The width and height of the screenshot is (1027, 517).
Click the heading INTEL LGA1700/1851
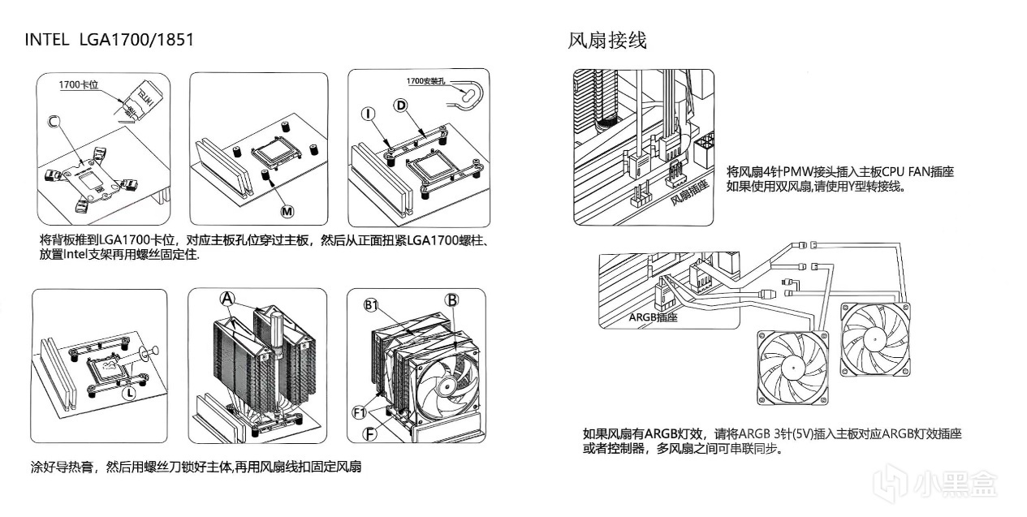coord(110,39)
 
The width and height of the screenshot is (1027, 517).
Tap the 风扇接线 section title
coord(607,40)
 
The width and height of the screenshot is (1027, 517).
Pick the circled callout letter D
coord(400,105)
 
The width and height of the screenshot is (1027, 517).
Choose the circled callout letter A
coord(227,299)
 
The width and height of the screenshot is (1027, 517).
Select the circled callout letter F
coord(369,433)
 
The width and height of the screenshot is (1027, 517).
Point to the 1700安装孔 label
coord(428,81)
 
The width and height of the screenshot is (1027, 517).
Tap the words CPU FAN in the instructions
coord(900,171)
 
